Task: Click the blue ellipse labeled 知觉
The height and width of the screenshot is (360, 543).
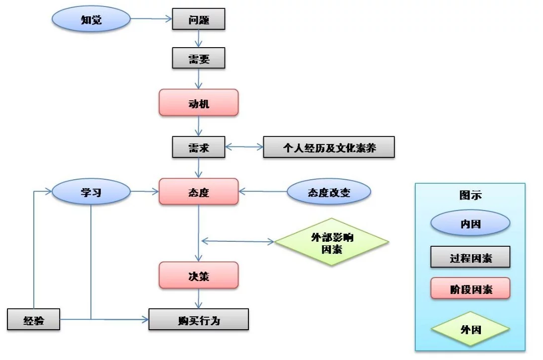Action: click(x=91, y=19)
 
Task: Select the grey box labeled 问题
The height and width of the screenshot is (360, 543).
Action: click(x=199, y=19)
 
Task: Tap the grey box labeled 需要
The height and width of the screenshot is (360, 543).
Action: click(x=199, y=58)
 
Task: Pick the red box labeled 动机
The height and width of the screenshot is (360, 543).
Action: click(x=199, y=102)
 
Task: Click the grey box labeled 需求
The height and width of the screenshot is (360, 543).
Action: click(x=199, y=147)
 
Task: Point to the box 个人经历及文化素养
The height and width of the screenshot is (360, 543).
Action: click(x=329, y=147)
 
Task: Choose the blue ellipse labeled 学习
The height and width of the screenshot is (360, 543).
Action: click(x=91, y=192)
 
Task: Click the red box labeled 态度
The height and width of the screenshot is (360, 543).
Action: click(x=199, y=192)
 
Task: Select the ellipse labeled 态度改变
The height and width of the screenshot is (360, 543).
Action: click(x=329, y=192)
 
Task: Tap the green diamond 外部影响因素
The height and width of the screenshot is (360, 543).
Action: click(x=332, y=242)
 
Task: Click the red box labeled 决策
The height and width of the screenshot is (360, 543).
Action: click(x=199, y=275)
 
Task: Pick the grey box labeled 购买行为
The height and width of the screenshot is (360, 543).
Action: click(x=199, y=319)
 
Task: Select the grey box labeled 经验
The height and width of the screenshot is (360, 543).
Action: click(x=34, y=319)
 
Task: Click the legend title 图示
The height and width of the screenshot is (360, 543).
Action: click(x=470, y=195)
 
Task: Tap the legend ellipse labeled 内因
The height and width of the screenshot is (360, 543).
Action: click(x=470, y=223)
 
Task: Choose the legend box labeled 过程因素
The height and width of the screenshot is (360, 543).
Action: click(x=470, y=257)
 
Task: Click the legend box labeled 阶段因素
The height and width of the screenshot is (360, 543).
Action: click(x=470, y=288)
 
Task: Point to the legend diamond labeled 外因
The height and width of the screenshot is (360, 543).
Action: click(x=470, y=329)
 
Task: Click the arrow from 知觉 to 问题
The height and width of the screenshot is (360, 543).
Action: click(x=152, y=19)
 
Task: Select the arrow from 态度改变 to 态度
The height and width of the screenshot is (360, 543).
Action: click(x=263, y=192)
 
